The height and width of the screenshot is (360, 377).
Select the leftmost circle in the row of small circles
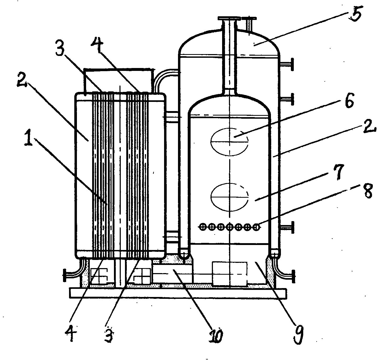coord(202,226)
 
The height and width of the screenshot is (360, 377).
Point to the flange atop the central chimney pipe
coord(229,19)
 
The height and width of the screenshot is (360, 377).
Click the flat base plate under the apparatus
coord(178,293)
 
